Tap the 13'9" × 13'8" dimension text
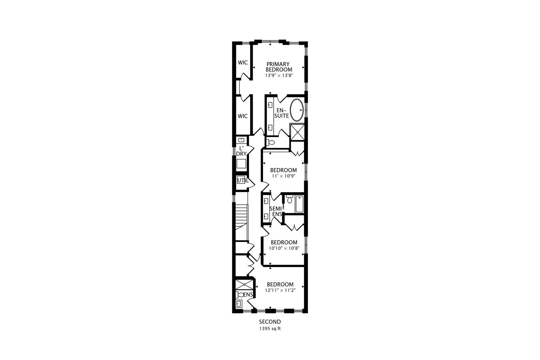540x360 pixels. tap(279, 76)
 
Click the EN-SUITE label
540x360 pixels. tap(282, 113)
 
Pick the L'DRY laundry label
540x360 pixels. tap(241, 151)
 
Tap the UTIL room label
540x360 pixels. tap(242, 181)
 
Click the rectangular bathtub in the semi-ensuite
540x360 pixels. tap(299, 204)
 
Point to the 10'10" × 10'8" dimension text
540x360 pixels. tap(284, 248)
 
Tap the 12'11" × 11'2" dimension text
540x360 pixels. tap(280, 290)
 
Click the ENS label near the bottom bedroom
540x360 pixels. tap(248, 295)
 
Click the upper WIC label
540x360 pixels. tap(243, 62)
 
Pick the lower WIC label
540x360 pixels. tap(243, 116)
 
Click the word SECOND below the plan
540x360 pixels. tap(270, 322)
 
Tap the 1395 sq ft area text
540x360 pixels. tap(270, 329)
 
